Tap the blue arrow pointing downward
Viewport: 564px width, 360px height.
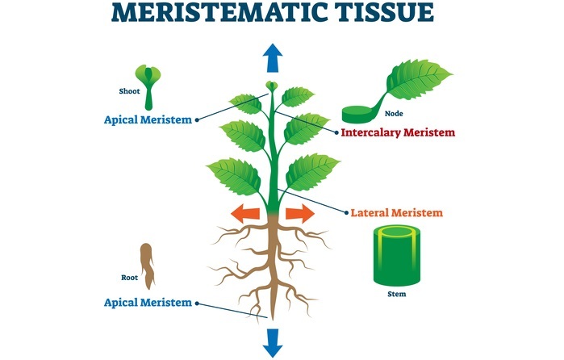click(x=273, y=341)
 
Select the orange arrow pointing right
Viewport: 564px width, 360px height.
click(x=299, y=213)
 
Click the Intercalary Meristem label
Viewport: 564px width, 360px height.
click(x=398, y=132)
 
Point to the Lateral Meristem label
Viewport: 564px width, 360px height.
click(x=397, y=213)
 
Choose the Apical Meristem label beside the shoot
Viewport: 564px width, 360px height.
click(x=148, y=120)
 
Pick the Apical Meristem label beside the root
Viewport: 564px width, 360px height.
click(x=148, y=303)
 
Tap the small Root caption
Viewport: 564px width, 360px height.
click(x=130, y=277)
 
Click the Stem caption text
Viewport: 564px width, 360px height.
click(x=396, y=294)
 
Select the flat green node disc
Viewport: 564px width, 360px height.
click(x=358, y=115)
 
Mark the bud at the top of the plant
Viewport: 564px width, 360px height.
click(x=272, y=86)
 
